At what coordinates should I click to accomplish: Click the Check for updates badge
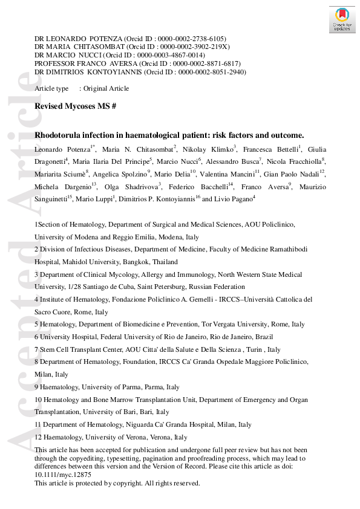point(342,19)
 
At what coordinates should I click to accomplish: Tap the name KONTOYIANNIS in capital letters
point(103,72)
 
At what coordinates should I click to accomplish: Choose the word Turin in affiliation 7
point(256,349)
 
